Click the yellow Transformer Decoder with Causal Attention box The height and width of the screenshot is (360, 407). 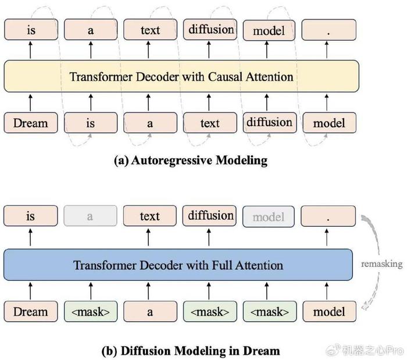point(181,76)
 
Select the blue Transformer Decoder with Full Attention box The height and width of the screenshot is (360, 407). point(178,265)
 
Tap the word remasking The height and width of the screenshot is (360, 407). point(381,264)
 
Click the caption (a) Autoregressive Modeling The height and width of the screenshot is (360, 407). point(191,160)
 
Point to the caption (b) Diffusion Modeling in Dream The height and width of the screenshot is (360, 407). point(191,351)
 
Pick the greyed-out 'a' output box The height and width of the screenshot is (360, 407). point(90,216)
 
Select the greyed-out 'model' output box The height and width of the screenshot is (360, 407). point(269,216)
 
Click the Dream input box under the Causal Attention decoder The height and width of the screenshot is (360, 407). point(31,123)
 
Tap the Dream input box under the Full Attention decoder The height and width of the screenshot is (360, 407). point(31,312)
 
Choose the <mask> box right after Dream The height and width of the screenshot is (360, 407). point(91,312)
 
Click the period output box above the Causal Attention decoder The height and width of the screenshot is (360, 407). point(329,30)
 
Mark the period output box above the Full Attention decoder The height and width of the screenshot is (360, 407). point(328,216)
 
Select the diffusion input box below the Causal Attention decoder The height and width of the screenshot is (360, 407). point(270,123)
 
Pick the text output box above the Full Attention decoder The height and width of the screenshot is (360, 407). point(150,216)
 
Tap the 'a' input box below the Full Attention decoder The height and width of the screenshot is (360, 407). point(150,312)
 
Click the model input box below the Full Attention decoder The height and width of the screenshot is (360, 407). point(330,312)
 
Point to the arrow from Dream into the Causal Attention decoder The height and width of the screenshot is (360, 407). point(30,103)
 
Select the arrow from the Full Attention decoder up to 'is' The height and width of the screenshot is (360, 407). point(30,237)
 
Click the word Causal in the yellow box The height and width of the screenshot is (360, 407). point(225,77)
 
